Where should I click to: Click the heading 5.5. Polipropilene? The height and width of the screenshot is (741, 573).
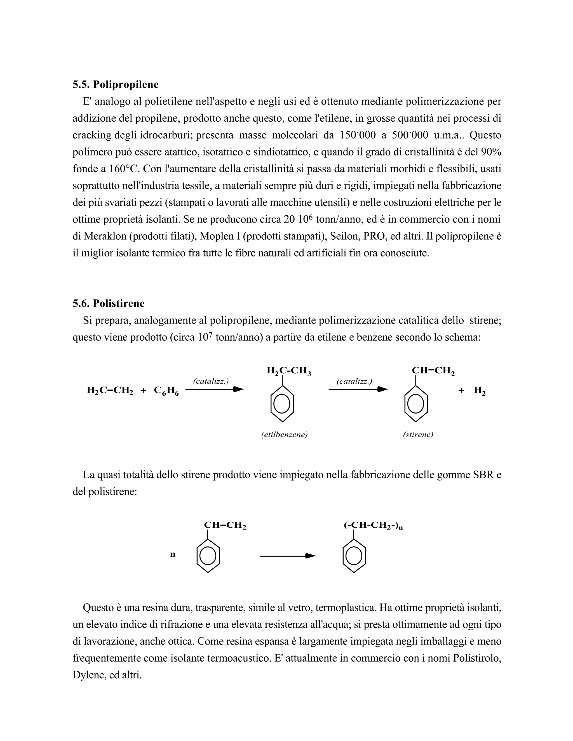click(x=116, y=84)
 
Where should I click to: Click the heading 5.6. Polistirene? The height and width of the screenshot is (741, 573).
click(x=108, y=303)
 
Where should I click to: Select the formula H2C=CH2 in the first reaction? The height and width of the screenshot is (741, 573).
click(x=110, y=391)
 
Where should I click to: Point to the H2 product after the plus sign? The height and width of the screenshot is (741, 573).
click(x=479, y=391)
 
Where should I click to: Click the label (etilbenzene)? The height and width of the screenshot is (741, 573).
click(x=284, y=435)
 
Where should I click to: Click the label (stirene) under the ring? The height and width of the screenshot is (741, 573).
click(x=418, y=435)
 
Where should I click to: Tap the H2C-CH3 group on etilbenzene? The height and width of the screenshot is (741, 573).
click(x=289, y=371)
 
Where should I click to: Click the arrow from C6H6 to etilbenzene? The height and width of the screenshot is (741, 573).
click(x=215, y=390)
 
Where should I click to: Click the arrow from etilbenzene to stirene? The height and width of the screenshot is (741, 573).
click(x=358, y=390)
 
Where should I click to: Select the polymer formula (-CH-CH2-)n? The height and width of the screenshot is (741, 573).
click(x=373, y=526)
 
